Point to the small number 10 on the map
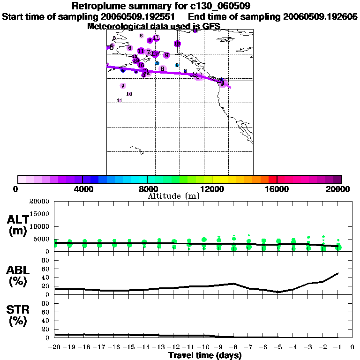(129, 94)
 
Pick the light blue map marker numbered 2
(177, 65)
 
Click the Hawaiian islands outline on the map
(136, 150)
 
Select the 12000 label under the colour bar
(212, 189)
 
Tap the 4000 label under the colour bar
(82, 189)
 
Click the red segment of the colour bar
(272, 179)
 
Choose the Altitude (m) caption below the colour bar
(173, 196)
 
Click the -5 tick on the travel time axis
(278, 347)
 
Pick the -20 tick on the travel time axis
(55, 347)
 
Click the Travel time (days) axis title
(205, 356)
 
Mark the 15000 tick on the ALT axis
(40, 214)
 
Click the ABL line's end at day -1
(338, 273)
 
